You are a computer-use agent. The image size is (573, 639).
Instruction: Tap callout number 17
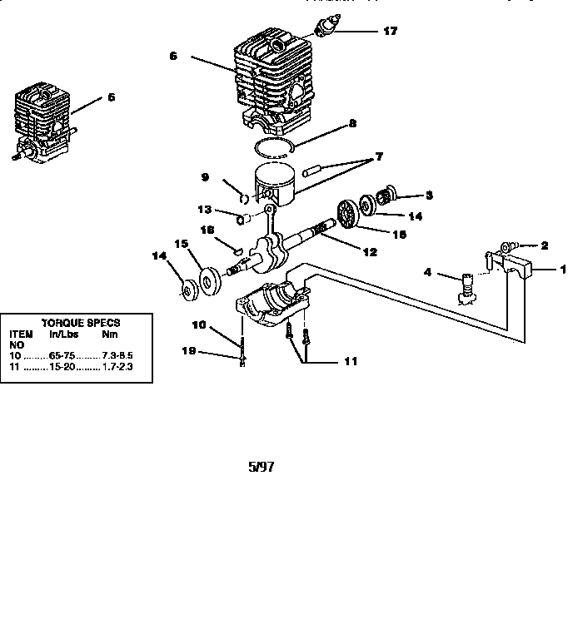pyautogui.click(x=390, y=32)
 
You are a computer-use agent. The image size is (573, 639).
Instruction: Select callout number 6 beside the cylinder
pyautogui.click(x=172, y=56)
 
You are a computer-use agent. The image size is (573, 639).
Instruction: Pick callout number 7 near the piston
pyautogui.click(x=379, y=156)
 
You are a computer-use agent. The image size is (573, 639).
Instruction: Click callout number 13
pyautogui.click(x=205, y=209)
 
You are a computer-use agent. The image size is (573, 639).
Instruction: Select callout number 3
pyautogui.click(x=429, y=196)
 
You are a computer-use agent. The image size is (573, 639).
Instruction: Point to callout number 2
pyautogui.click(x=544, y=245)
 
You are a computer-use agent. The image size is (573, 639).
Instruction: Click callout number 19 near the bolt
pyautogui.click(x=187, y=352)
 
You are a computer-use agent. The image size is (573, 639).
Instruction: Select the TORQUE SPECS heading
pyautogui.click(x=80, y=322)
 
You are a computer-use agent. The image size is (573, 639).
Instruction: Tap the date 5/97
pyautogui.click(x=261, y=467)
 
